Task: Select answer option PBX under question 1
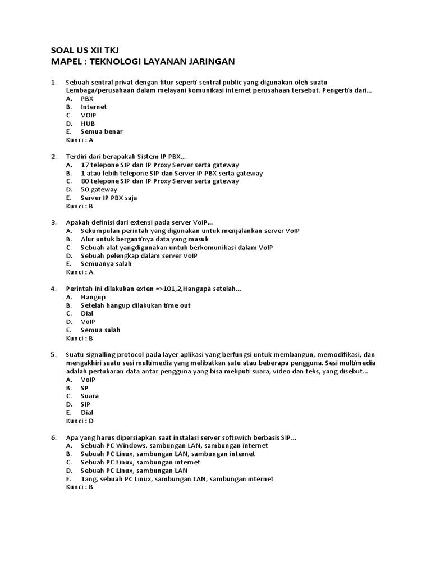(87, 98)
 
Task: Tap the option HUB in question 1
(88, 124)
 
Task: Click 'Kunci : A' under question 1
(80, 140)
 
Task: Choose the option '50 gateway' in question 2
(99, 189)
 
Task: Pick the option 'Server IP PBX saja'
(109, 198)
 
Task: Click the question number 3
(54, 222)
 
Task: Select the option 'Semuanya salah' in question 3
(106, 264)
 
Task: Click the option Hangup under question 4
(93, 297)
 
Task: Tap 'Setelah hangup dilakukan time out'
(135, 305)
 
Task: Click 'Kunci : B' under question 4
(80, 339)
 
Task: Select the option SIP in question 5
(86, 404)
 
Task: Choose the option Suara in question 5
(90, 396)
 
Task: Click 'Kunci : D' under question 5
(80, 421)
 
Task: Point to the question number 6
(54, 437)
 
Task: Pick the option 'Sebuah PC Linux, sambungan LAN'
(134, 471)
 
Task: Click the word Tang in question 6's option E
(88, 479)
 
